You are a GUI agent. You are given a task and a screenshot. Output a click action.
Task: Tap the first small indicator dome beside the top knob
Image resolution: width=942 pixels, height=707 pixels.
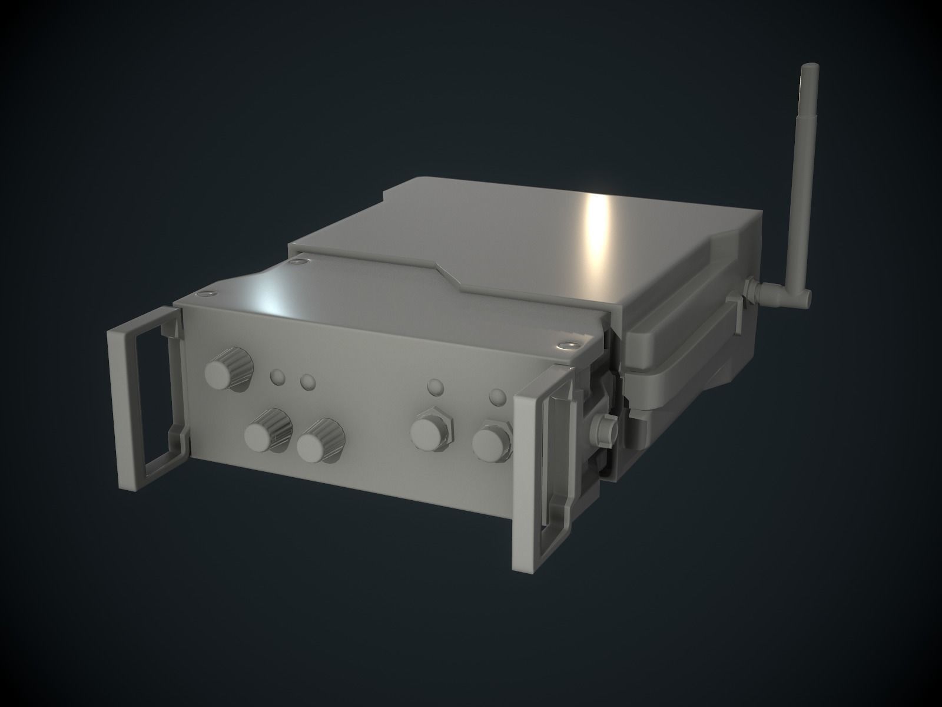coord(277,376)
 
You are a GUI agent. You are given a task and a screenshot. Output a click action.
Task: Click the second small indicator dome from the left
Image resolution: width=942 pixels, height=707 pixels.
coord(307,382)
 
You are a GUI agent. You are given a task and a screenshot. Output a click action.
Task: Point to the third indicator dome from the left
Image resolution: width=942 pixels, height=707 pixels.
coord(435,388)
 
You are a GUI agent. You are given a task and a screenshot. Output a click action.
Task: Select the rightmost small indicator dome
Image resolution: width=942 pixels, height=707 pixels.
coord(498,397)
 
